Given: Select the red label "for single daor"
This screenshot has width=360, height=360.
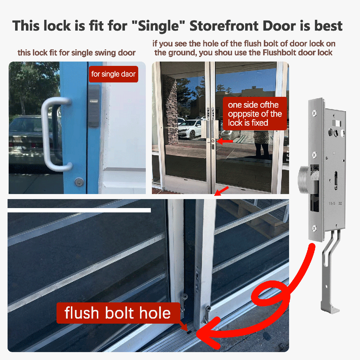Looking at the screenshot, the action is coord(113,74).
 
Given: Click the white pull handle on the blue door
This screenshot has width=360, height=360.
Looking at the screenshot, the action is coord(55,134).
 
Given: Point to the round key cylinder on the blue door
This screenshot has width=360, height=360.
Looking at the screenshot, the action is coord(79,182).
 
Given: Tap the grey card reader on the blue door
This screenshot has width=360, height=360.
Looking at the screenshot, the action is coord(94,105).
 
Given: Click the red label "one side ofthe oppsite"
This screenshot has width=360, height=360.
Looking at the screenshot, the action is coord(255,114).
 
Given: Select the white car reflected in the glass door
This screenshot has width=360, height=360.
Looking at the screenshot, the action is coord(190,129).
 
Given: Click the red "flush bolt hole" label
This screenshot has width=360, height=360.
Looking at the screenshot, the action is coord(118,313).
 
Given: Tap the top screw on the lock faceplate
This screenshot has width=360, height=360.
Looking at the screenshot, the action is coord(315,113).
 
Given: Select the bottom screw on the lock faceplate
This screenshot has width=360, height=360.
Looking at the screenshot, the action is coord(315,228).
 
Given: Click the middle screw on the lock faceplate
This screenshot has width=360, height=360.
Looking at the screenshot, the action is coord(315,155).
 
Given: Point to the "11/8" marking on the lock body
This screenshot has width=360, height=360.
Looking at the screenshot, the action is coord(332,203).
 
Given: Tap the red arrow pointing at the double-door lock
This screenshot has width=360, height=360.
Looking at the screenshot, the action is coord(225,141).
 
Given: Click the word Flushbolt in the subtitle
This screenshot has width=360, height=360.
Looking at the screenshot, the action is coord(280,53).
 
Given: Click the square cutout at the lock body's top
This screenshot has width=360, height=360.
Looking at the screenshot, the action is coord(337,123).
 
